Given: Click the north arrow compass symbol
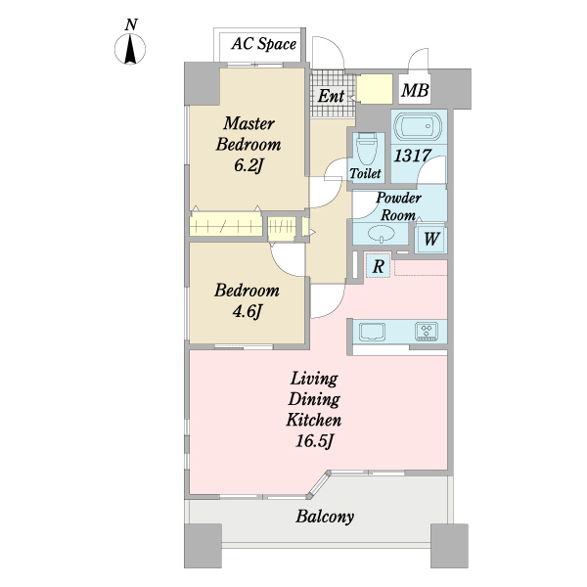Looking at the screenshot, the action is click(x=130, y=49).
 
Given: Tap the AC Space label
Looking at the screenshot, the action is click(x=264, y=44).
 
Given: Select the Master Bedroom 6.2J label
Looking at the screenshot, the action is click(x=248, y=144).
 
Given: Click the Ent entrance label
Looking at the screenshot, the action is click(x=331, y=96).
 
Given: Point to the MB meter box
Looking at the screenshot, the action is click(x=415, y=90).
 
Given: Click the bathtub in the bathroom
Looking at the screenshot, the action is click(x=419, y=126).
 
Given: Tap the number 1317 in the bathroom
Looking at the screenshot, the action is click(x=413, y=156).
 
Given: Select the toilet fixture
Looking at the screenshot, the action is click(x=366, y=150).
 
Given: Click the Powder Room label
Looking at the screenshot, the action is click(x=398, y=206).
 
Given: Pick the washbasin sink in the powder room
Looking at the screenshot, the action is click(x=381, y=235).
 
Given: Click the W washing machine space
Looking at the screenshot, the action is click(x=430, y=239).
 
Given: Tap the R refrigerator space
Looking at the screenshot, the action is click(x=378, y=266).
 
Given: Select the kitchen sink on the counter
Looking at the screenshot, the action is click(x=372, y=332).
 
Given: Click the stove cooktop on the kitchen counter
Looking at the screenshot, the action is click(x=427, y=332).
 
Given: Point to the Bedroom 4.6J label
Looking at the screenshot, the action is click(x=248, y=300).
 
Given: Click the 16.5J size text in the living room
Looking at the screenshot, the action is click(x=314, y=440).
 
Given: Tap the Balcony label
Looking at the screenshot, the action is click(x=325, y=517).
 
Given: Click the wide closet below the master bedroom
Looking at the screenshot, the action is click(x=226, y=226).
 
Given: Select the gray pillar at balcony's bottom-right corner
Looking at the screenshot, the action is click(x=449, y=546).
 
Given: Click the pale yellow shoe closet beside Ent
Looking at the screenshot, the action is click(x=374, y=89).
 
